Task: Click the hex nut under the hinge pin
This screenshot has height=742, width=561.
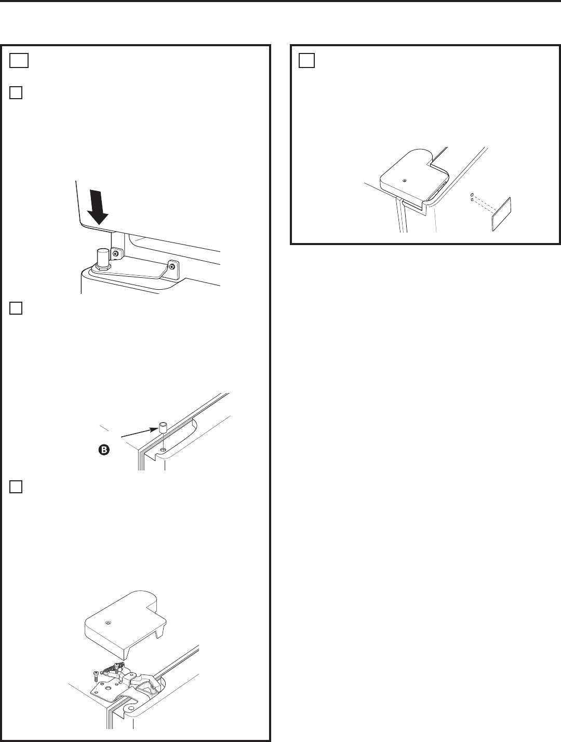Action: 102,266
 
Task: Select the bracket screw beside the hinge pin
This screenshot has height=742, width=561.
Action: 116,253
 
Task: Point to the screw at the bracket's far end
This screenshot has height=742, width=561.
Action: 173,267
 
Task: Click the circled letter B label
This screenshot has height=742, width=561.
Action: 104,450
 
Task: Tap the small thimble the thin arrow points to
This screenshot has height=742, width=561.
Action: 164,427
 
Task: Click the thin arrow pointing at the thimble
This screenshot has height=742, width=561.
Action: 140,433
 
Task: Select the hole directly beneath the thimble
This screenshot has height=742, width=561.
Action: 164,450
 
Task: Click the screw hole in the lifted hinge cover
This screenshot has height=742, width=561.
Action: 108,623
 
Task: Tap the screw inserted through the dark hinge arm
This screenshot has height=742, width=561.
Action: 118,667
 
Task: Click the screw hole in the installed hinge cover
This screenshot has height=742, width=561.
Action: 405,181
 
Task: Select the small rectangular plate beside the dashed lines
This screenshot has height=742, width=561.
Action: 501,214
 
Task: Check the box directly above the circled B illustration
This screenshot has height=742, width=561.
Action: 16,308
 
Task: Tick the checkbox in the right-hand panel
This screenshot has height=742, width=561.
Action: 306,61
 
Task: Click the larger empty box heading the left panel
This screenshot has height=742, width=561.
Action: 19,61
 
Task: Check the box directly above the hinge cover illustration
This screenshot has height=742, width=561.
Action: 16,487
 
